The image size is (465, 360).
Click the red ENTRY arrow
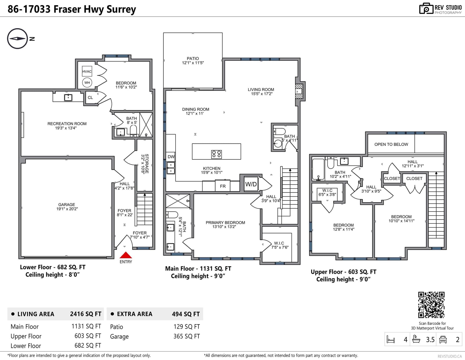(x=126, y=255)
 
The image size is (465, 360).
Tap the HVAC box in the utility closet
(x=87, y=71)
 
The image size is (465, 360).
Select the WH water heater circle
(x=87, y=83)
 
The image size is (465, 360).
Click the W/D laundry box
(x=251, y=184)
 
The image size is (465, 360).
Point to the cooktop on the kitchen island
(x=216, y=154)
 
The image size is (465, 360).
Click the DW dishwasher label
(x=171, y=157)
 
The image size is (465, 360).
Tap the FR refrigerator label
(x=223, y=186)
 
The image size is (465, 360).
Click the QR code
(x=431, y=305)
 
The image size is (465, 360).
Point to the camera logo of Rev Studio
(x=426, y=8)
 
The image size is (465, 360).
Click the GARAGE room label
(x=67, y=205)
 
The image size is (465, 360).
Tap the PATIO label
(x=193, y=58)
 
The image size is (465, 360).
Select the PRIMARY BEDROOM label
(x=225, y=223)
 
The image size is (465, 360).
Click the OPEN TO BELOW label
(x=391, y=144)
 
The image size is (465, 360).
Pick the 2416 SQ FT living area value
(x=86, y=314)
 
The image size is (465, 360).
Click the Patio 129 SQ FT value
(x=187, y=327)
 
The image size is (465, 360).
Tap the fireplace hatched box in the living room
(x=299, y=91)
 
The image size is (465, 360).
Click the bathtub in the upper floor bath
(x=318, y=169)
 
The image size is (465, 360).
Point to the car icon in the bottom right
(x=443, y=339)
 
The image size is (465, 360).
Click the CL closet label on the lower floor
(x=90, y=98)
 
